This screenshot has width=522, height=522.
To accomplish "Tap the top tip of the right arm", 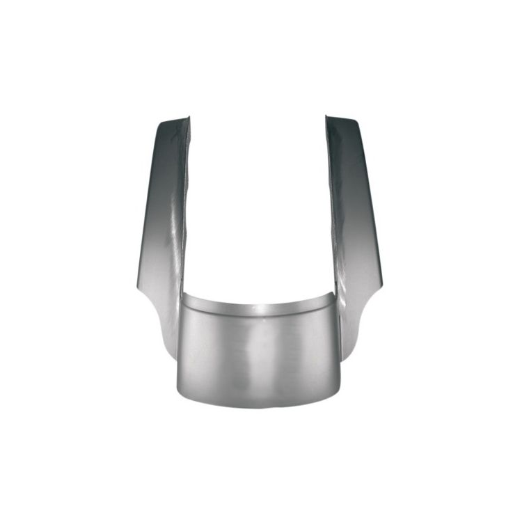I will click(x=341, y=120).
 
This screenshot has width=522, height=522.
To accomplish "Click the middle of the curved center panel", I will click(x=258, y=355).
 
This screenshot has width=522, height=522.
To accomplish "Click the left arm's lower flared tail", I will click(x=164, y=334).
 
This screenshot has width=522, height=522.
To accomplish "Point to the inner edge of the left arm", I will click(x=186, y=209).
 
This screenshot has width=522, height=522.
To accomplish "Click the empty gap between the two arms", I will click(x=258, y=209).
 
